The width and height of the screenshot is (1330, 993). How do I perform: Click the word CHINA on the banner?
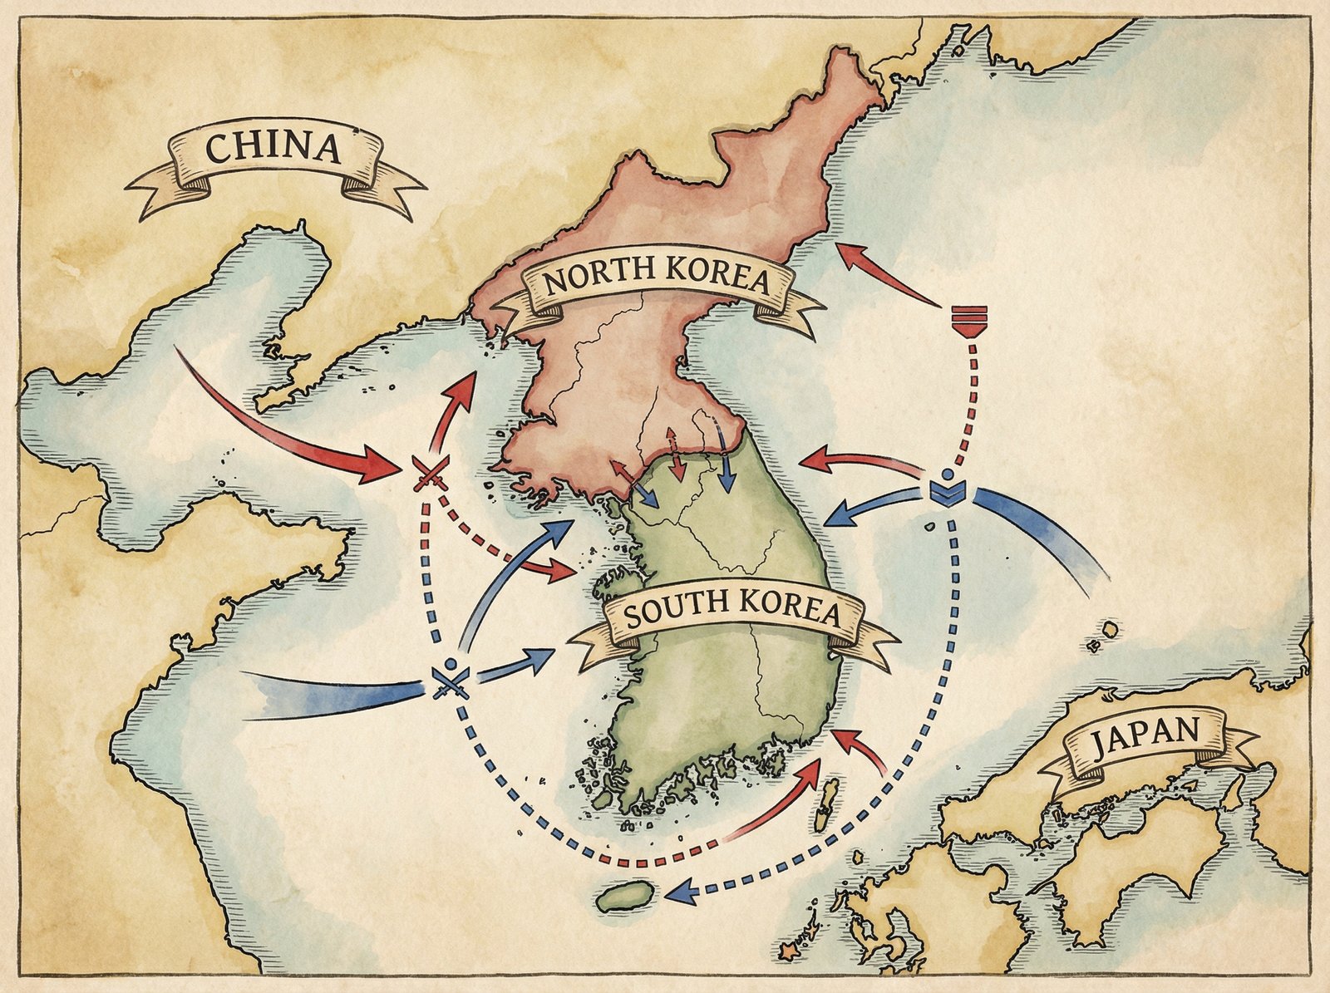tap(273, 149)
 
